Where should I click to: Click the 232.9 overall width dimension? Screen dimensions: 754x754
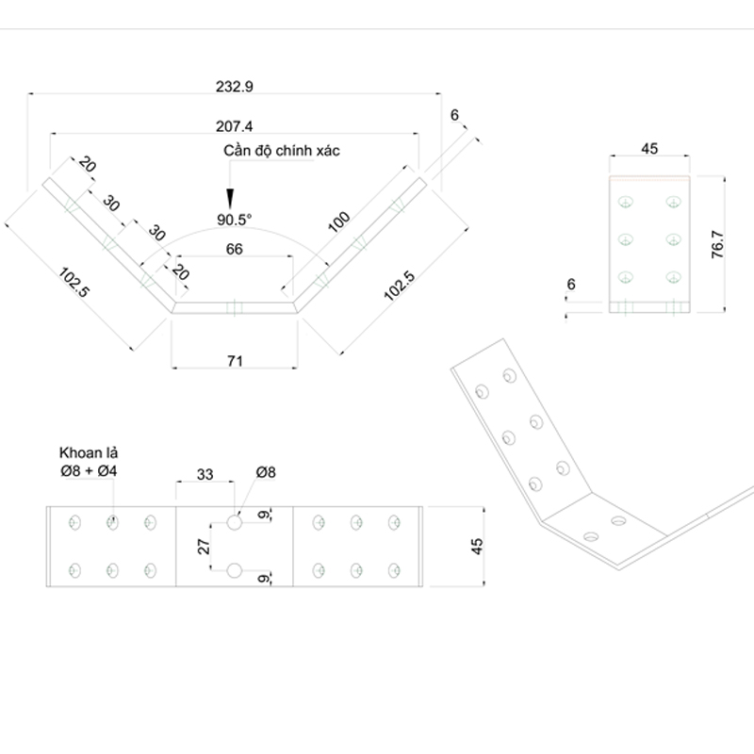pyautogui.click(x=235, y=85)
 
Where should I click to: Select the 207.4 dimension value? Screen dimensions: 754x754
pyautogui.click(x=235, y=125)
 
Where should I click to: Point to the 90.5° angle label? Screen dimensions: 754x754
pyautogui.click(x=235, y=220)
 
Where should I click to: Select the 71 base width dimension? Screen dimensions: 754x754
pyautogui.click(x=235, y=361)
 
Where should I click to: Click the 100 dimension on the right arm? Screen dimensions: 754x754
pyautogui.click(x=339, y=222)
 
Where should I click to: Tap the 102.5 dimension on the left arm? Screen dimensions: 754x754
pyautogui.click(x=74, y=284)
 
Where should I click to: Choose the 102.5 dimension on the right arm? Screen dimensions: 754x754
pyautogui.click(x=399, y=286)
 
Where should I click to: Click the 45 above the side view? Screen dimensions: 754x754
pyautogui.click(x=649, y=148)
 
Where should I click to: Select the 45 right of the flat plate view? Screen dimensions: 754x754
pyautogui.click(x=477, y=546)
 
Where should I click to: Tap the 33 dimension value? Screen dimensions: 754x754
pyautogui.click(x=204, y=474)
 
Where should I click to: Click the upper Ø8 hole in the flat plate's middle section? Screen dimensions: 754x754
pyautogui.click(x=235, y=519)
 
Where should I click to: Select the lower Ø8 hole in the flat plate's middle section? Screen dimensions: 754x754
pyautogui.click(x=235, y=570)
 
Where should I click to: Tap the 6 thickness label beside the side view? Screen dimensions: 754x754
pyautogui.click(x=571, y=283)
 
